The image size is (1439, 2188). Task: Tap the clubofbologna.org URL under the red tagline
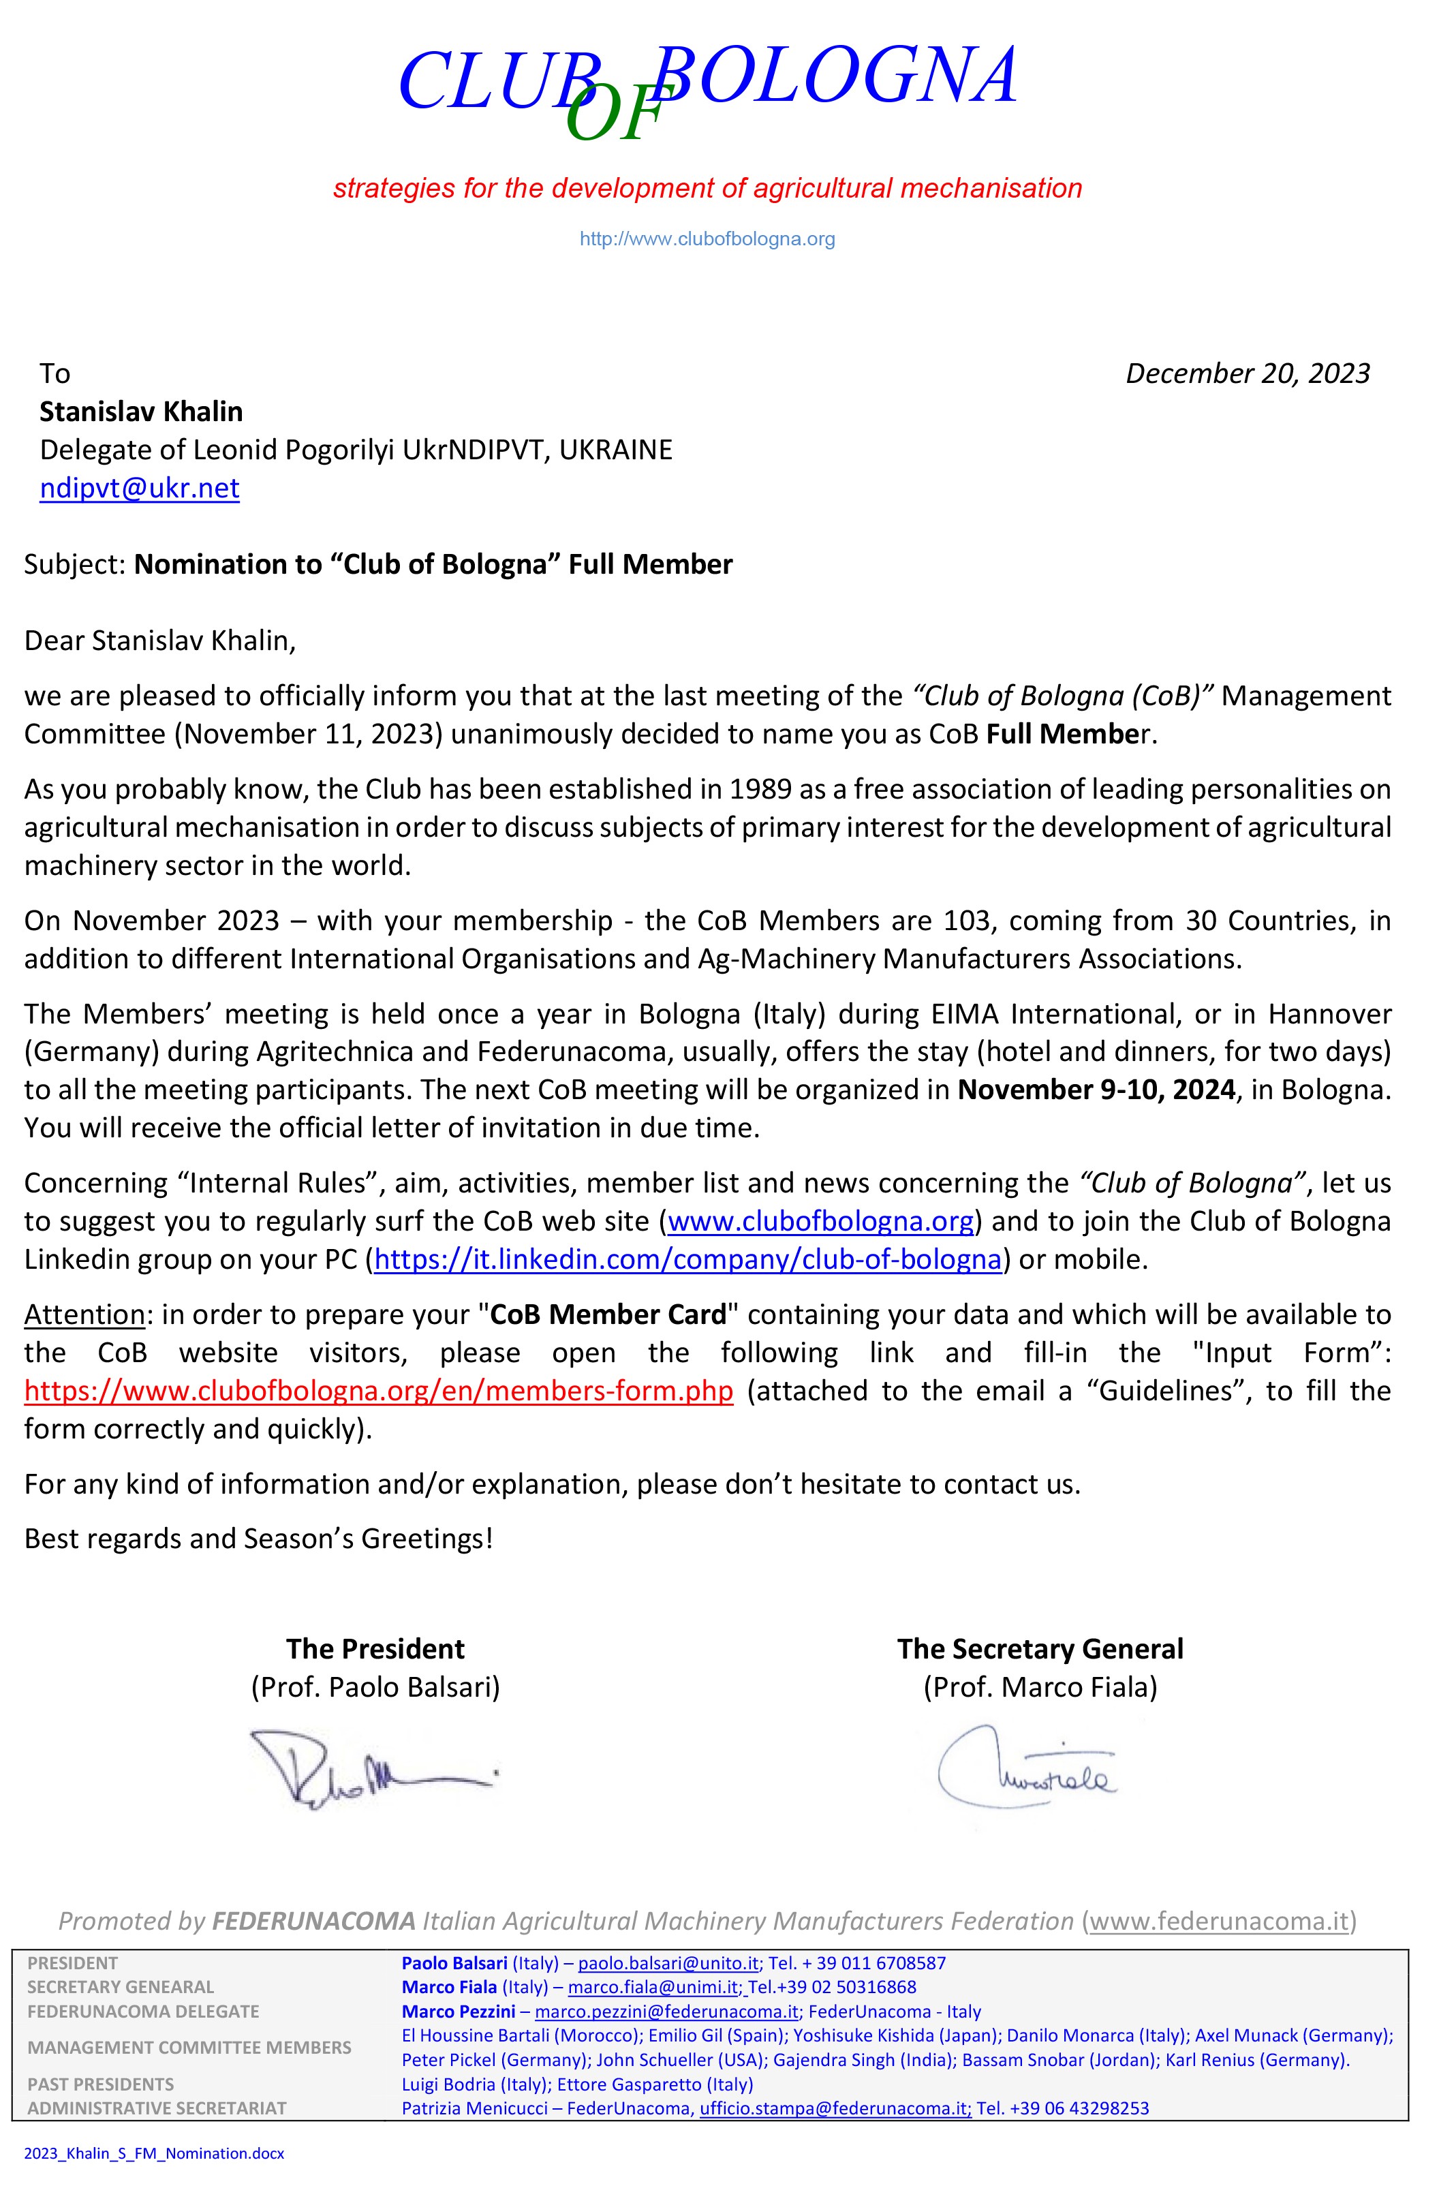click(707, 239)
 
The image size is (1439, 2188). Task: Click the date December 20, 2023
click(1247, 373)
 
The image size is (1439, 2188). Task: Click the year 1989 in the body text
click(760, 790)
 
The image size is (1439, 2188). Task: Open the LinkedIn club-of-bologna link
click(687, 1259)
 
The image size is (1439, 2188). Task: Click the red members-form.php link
click(379, 1391)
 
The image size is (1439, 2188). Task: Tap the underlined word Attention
click(84, 1314)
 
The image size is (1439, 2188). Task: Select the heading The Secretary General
click(1040, 1649)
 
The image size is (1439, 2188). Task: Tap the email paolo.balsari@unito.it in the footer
click(668, 1962)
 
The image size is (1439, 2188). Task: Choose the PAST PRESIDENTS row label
click(100, 2084)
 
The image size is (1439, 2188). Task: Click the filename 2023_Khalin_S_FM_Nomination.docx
click(155, 2153)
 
